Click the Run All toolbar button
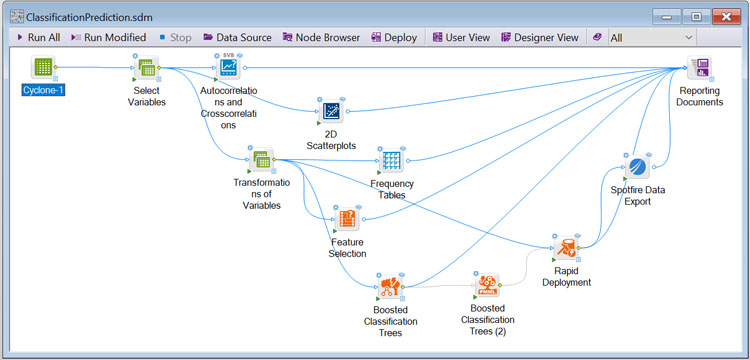point(37,37)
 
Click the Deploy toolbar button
point(394,37)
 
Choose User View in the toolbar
point(460,37)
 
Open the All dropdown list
point(651,37)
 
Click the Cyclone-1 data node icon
point(43,68)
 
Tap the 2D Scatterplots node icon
point(330,111)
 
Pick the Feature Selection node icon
point(346,219)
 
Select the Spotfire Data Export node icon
point(635,166)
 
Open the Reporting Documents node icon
point(701,68)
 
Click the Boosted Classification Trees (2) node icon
point(487,285)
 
